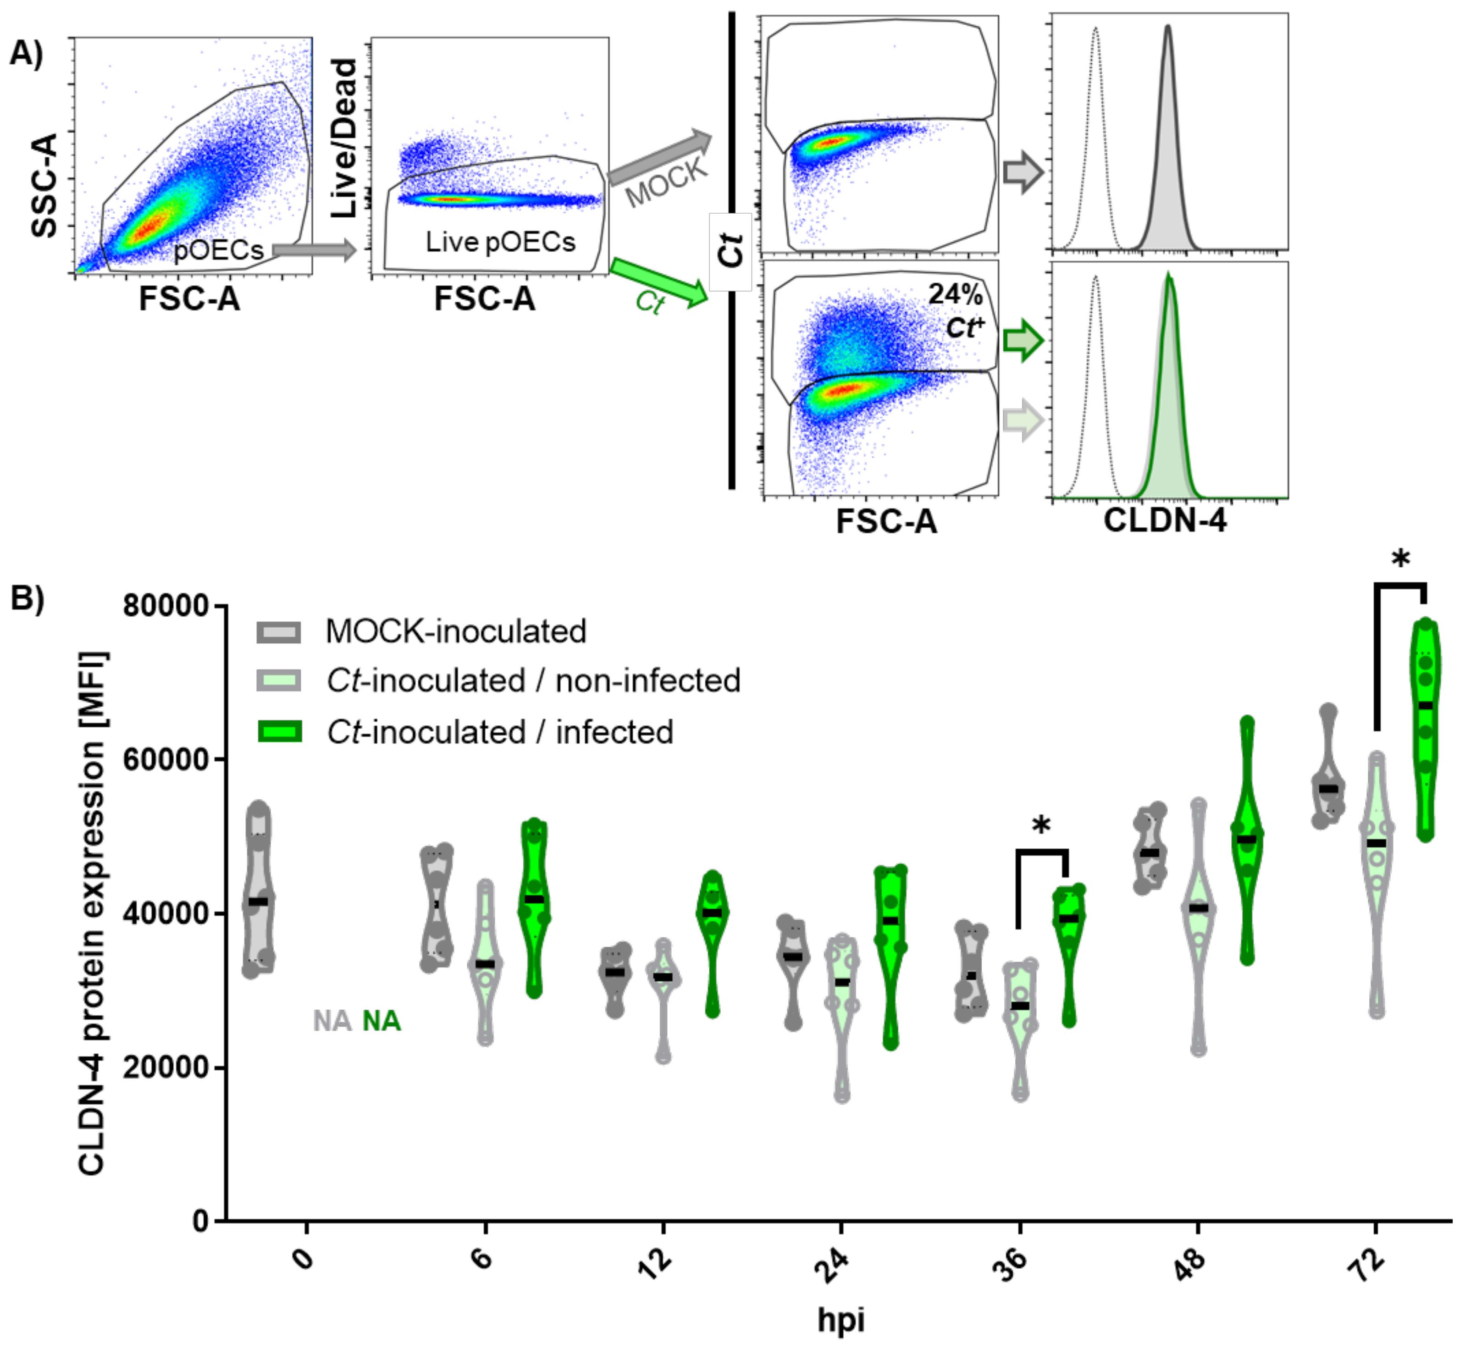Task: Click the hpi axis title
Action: pos(841,1320)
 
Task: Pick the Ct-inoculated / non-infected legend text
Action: pos(533,681)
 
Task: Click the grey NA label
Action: pos(332,1021)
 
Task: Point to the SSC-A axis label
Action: pos(45,185)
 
